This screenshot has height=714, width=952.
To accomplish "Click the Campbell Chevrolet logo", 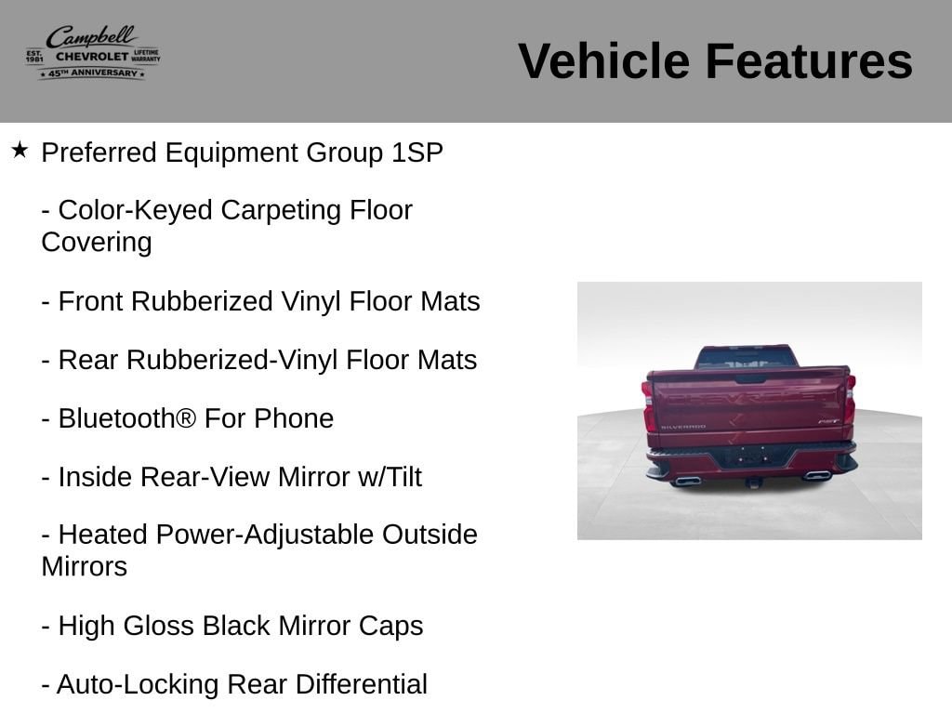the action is [93, 53].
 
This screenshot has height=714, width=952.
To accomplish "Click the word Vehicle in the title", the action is [603, 60].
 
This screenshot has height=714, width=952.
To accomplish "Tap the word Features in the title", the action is [809, 60].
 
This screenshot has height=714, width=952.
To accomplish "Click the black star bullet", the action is [20, 150].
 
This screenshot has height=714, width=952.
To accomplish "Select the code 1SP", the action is [417, 152].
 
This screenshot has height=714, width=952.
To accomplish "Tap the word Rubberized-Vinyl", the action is [231, 360].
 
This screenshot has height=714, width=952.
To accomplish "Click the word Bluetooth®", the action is [127, 418].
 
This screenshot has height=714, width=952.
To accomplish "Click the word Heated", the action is [103, 535].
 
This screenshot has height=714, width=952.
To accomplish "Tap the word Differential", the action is [362, 684].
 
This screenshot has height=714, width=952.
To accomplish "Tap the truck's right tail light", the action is [850, 400].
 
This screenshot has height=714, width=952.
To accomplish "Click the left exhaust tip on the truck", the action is [687, 481].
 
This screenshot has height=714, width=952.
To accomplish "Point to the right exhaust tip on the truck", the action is [816, 475].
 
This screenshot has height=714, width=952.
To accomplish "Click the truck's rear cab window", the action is [747, 359].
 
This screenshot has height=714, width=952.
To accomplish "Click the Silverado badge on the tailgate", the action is [683, 427].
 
